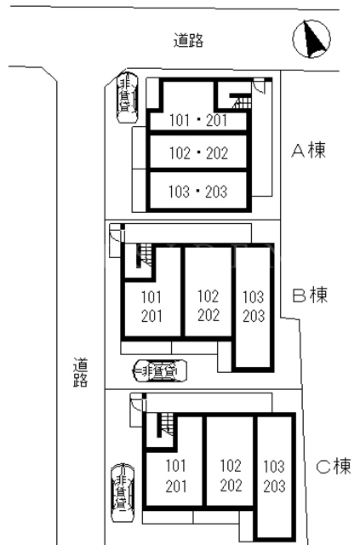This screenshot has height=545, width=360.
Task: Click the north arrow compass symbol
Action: tap(311, 38)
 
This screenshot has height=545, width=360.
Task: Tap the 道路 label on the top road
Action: tap(188, 40)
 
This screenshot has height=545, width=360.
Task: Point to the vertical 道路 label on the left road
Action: tap(80, 372)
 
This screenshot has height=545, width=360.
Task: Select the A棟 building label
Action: tap(308, 151)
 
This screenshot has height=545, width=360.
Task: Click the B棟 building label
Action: tap(310, 295)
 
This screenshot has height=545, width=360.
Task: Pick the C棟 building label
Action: tap(334, 467)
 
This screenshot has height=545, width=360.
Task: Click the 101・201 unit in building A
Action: tap(198, 121)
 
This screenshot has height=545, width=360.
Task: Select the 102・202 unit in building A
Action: tap(198, 153)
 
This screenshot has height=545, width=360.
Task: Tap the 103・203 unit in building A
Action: tap(197, 192)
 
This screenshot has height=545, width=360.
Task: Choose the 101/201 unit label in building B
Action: tap(151, 307)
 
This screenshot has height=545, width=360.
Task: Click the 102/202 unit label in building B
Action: tap(209, 306)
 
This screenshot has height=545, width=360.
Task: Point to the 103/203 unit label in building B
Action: tap(254, 307)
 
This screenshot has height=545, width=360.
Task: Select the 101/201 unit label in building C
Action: tap(176, 476)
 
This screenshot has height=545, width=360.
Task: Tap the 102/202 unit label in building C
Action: tap(231, 475)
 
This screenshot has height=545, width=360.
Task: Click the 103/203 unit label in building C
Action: tap(274, 476)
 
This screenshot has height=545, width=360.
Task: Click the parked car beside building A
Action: tap(127, 97)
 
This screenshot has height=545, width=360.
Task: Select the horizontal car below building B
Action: tap(161, 371)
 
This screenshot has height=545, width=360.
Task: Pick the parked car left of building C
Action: tap(122, 493)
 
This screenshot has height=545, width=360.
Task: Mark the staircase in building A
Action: tap(241, 100)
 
